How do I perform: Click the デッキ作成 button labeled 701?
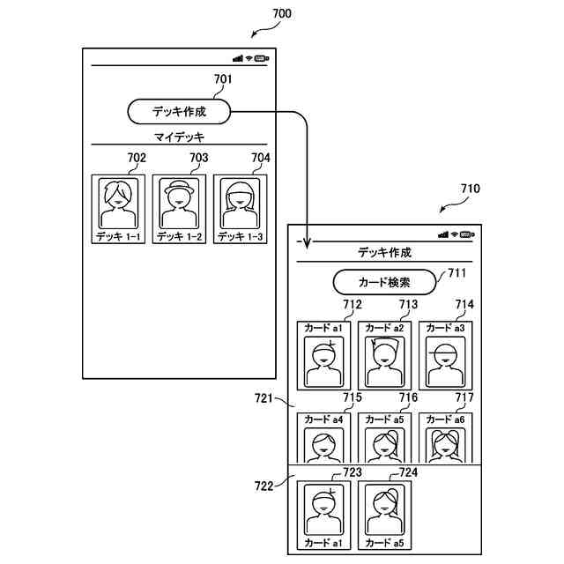[179, 112]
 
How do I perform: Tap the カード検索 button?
[384, 282]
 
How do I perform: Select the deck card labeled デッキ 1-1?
[118, 210]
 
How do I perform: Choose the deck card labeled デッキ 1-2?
[179, 210]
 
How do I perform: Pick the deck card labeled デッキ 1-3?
[241, 210]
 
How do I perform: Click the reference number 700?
[282, 14]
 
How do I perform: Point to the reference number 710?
[470, 189]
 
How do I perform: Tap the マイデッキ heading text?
[179, 137]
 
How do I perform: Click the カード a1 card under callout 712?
[323, 356]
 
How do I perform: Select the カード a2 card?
[384, 356]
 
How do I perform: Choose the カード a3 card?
[446, 356]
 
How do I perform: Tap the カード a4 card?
[323, 438]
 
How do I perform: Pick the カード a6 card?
[446, 438]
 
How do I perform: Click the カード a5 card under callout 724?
[384, 516]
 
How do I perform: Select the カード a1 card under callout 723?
[323, 516]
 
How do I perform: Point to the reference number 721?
[263, 398]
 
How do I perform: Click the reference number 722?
[263, 486]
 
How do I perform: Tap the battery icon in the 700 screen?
[262, 58]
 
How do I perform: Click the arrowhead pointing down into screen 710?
[307, 243]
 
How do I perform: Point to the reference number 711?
[456, 273]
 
